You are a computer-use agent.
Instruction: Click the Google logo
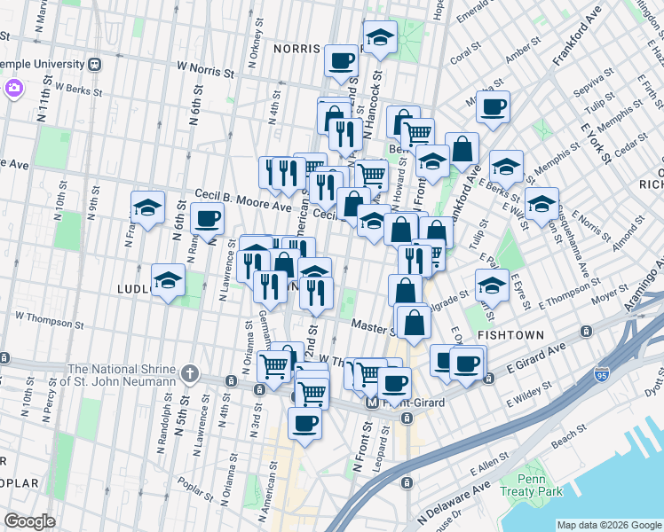coord(30,521)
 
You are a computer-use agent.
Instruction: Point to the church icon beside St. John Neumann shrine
coord(189,372)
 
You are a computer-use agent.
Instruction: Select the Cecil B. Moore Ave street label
coord(243,206)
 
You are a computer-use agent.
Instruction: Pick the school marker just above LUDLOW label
coord(167,281)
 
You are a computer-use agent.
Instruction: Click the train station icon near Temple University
coord(93,64)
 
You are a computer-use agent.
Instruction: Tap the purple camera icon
coord(13,88)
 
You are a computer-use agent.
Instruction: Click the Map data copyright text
coord(608,523)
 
